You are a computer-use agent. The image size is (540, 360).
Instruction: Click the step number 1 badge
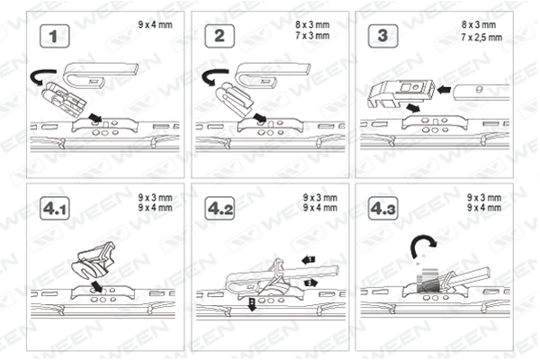54,36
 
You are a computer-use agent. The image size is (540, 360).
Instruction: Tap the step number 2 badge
220,36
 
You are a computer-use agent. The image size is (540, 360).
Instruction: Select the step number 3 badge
383,36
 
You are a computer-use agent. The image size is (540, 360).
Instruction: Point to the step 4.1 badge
54,209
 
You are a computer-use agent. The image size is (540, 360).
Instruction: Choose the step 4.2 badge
220,209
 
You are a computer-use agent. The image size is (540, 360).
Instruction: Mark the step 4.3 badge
383,209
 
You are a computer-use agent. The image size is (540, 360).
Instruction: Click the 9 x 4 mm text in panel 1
156,25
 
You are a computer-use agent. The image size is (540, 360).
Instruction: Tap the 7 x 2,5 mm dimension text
481,37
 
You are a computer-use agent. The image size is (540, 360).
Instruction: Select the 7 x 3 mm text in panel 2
312,35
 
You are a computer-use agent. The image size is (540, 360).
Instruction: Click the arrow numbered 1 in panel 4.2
309,259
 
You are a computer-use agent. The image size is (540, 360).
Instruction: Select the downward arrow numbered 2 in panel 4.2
252,305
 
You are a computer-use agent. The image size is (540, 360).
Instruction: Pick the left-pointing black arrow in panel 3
445,90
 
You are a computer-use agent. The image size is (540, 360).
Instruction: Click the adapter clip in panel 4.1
93,261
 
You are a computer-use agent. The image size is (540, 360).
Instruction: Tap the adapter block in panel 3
401,92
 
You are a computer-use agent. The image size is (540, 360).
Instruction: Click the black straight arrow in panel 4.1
97,286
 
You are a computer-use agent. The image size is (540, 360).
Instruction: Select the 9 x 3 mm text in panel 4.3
484,197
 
